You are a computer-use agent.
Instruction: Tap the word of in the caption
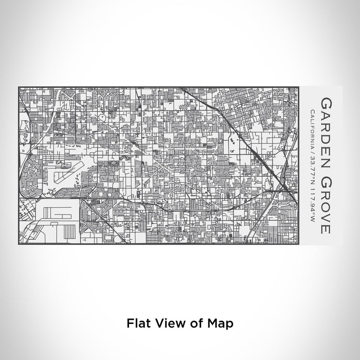tap(196, 323)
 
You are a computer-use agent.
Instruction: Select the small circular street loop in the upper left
tap(102, 117)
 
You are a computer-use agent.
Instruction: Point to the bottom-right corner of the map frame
tap(299, 244)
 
